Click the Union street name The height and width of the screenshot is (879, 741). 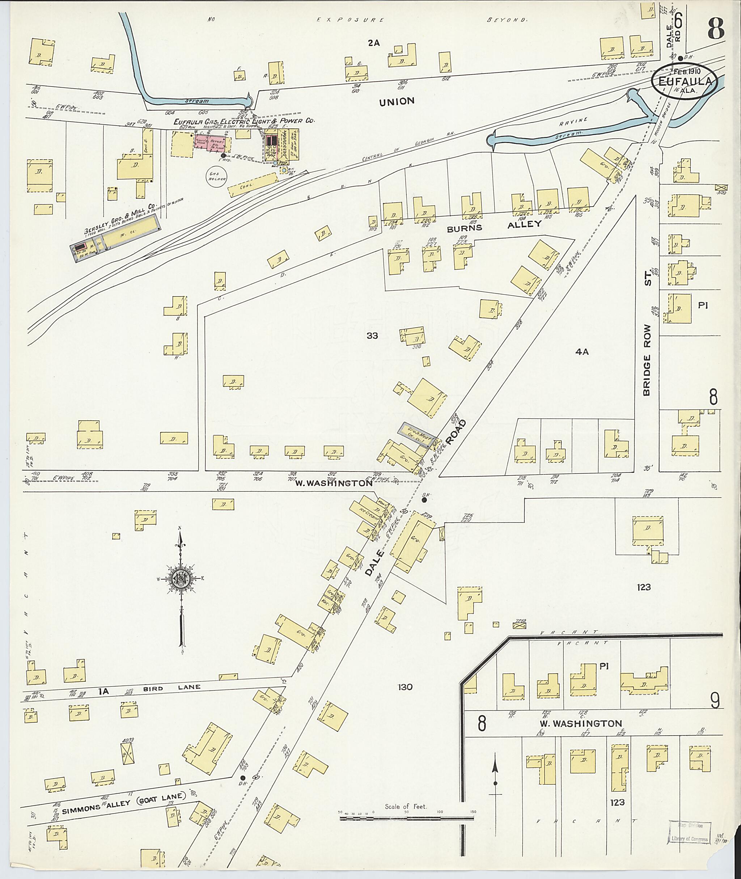click(x=397, y=101)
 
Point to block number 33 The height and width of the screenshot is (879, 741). click(x=372, y=335)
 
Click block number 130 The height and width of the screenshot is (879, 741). click(x=405, y=687)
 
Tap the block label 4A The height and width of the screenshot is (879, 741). click(x=582, y=352)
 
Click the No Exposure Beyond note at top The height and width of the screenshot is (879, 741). click(x=368, y=20)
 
